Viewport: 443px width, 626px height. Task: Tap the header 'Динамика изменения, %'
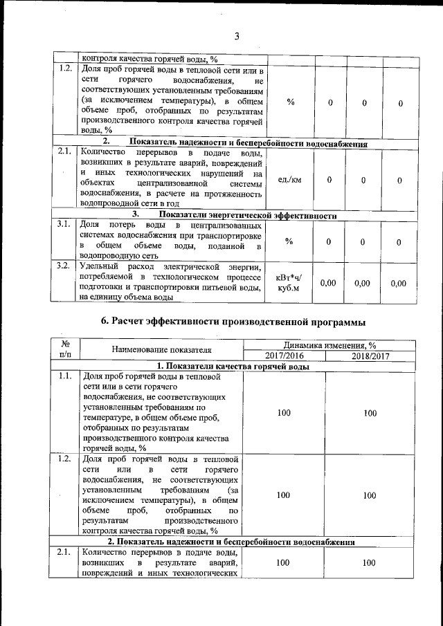pyautogui.click(x=327, y=344)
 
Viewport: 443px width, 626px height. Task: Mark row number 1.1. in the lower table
pyautogui.click(x=65, y=377)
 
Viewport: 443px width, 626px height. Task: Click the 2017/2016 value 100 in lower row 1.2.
pyautogui.click(x=283, y=495)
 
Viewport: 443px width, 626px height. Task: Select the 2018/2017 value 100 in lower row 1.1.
pyautogui.click(x=370, y=413)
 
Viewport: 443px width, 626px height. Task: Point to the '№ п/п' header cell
pyautogui.click(x=66, y=349)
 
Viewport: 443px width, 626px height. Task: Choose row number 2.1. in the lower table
pyautogui.click(x=65, y=553)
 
